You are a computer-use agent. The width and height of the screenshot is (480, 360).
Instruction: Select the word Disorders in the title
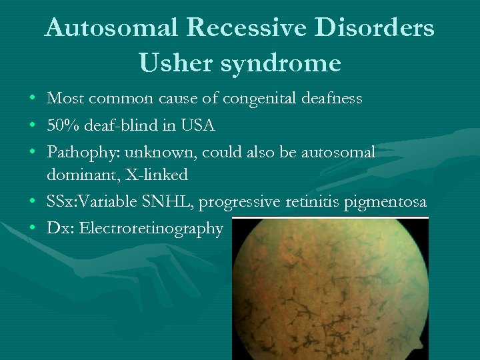pos(379,28)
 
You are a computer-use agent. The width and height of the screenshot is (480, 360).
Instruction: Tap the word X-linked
pos(156,175)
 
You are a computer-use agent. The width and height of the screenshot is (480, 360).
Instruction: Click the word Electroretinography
pos(151,229)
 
